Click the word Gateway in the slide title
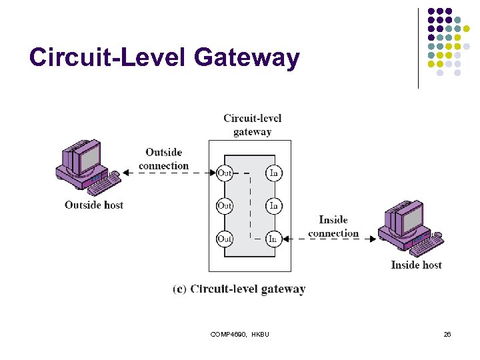[x=247, y=58]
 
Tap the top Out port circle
[x=225, y=173]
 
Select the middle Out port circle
[x=225, y=205]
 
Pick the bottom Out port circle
[x=225, y=238]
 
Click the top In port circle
[x=273, y=173]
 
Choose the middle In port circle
[x=273, y=205]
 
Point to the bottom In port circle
[x=273, y=238]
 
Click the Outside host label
[x=94, y=205]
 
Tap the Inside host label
[x=416, y=265]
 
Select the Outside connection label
[x=164, y=159]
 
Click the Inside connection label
[x=333, y=227]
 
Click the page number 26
[x=447, y=334]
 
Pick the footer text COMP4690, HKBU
[x=240, y=334]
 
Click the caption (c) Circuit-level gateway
[x=239, y=289]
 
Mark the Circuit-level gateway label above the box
[x=252, y=125]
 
